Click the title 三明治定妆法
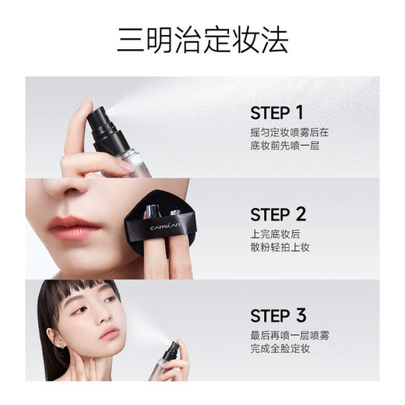(202, 39)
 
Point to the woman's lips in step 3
(110, 334)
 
